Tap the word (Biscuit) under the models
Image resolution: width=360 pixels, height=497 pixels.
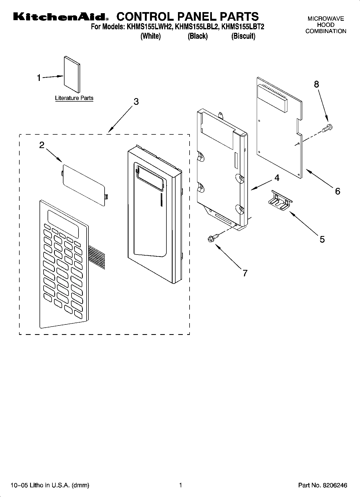(243, 36)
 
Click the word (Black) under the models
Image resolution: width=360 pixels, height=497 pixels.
(198, 36)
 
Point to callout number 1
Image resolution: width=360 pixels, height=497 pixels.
(39, 78)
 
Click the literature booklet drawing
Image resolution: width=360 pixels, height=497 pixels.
(72, 74)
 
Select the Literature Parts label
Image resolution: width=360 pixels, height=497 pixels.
(74, 98)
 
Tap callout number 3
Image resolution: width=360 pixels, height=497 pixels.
(136, 102)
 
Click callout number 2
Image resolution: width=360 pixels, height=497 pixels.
(42, 145)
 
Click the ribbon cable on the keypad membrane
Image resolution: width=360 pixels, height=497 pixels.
(97, 259)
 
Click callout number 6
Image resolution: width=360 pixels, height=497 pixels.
(338, 191)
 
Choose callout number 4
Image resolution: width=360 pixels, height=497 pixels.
(277, 178)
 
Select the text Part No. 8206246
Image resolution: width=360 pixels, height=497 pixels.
(323, 485)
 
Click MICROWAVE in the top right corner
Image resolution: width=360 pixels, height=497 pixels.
(326, 19)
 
